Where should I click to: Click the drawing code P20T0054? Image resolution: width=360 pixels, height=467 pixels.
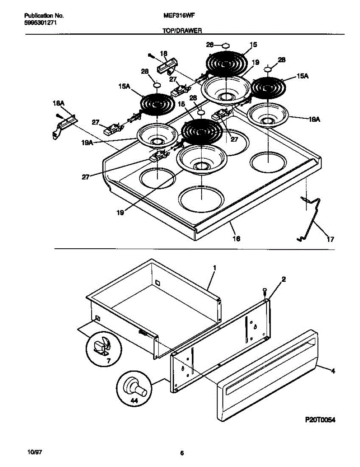click(x=320, y=420)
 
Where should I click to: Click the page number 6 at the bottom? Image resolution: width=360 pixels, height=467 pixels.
click(x=182, y=453)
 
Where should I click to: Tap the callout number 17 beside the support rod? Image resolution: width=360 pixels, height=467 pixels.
click(x=330, y=240)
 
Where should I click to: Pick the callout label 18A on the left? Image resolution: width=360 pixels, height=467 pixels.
click(x=58, y=104)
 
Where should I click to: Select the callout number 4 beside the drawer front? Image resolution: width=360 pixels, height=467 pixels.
click(x=332, y=371)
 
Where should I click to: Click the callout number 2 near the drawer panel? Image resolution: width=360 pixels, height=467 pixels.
click(x=284, y=279)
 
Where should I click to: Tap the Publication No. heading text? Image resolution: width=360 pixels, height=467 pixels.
click(x=44, y=16)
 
